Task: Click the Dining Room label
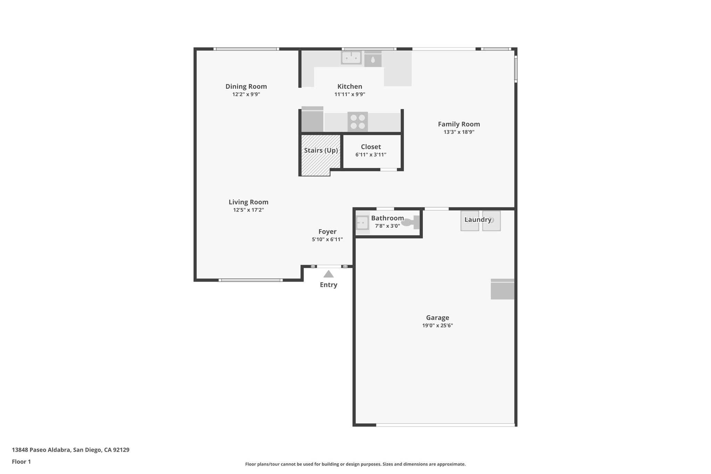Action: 246,86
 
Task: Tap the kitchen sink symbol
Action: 351,58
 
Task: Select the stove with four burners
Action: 358,122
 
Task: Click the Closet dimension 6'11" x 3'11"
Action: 371,155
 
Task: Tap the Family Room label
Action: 459,124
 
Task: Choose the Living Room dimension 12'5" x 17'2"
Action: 249,210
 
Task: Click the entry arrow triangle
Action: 328,274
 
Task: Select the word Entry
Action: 328,285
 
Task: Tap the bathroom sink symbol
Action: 362,222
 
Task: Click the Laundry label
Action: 478,220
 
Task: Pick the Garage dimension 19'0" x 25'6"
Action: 437,325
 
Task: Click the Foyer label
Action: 327,232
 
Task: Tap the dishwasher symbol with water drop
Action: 373,59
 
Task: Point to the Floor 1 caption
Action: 22,461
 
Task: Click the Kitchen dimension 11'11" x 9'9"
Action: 350,94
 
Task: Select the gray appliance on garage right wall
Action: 502,289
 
